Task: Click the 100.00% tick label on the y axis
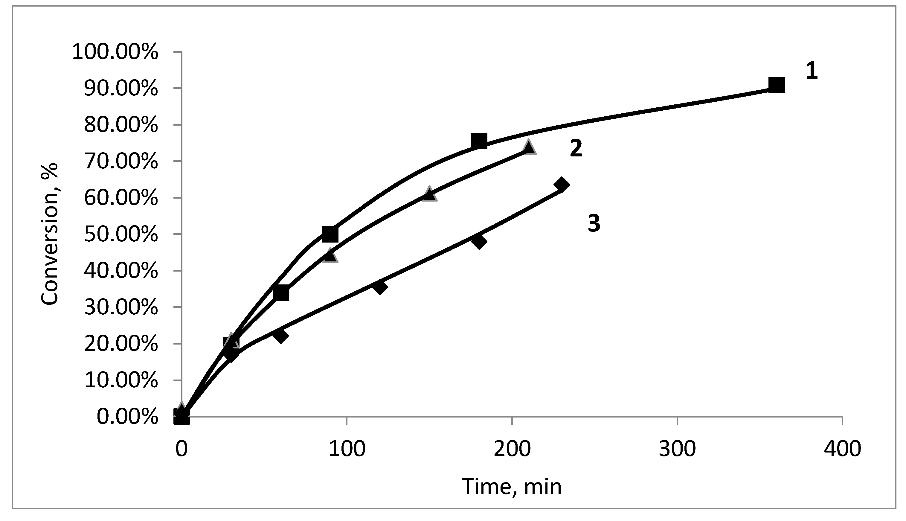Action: [115, 53]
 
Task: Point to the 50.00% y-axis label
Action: [121, 235]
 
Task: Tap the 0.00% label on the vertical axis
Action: [127, 417]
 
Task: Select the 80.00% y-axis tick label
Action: [121, 125]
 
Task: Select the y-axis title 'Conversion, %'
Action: [49, 235]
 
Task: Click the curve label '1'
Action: [812, 71]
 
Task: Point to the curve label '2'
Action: [576, 149]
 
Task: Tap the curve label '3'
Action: [594, 223]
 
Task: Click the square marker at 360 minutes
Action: [777, 85]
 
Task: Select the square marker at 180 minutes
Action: [479, 141]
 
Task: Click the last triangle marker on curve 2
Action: [529, 147]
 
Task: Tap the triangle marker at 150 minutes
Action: [429, 194]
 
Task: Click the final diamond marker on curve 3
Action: [561, 185]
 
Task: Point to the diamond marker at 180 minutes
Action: [479, 241]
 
